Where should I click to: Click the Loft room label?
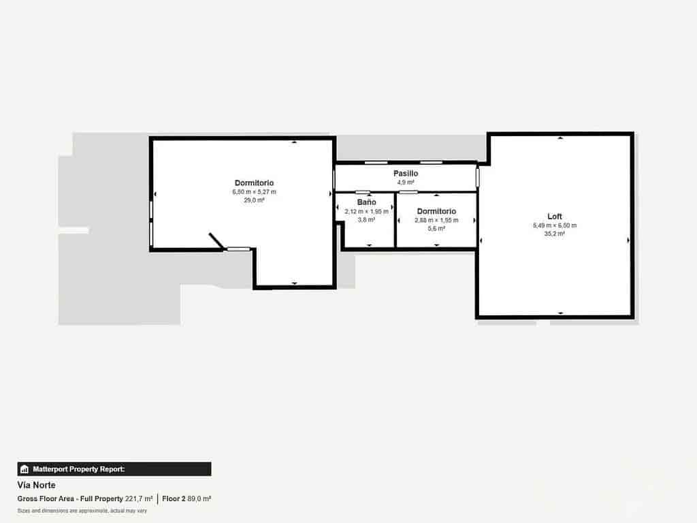click(x=555, y=217)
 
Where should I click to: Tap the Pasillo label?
click(x=406, y=174)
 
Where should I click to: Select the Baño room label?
click(x=366, y=202)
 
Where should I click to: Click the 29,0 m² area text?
click(x=254, y=200)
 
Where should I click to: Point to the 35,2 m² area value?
click(x=555, y=234)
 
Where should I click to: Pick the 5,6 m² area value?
click(x=436, y=228)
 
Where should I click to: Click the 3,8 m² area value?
click(x=366, y=219)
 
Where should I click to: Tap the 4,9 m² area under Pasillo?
click(x=406, y=182)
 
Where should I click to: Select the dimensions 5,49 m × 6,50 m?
click(x=555, y=225)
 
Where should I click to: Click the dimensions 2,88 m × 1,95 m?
click(x=436, y=220)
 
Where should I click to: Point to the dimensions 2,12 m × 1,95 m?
click(x=366, y=211)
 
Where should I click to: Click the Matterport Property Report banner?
click(x=114, y=469)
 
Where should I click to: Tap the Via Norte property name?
click(x=36, y=486)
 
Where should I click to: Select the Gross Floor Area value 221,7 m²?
click(x=139, y=499)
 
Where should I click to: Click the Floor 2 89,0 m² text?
click(x=187, y=499)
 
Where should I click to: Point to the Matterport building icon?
click(x=25, y=469)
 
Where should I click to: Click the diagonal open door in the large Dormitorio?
click(x=217, y=240)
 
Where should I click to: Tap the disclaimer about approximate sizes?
click(x=82, y=510)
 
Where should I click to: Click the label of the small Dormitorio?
click(x=436, y=211)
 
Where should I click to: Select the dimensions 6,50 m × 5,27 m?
click(x=254, y=192)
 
